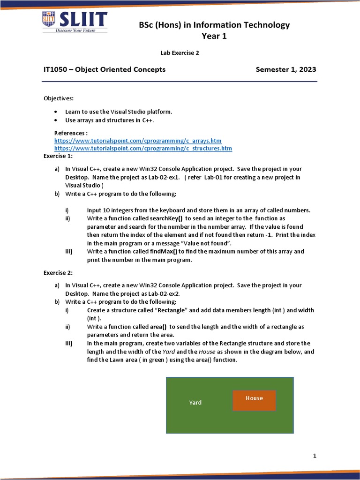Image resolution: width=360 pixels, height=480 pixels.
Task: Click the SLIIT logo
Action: pyautogui.click(x=75, y=22)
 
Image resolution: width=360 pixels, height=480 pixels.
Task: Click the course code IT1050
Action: pyautogui.click(x=56, y=69)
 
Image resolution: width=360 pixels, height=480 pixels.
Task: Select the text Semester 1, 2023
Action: pyautogui.click(x=285, y=69)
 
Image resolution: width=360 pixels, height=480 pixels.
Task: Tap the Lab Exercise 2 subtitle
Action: pyautogui.click(x=180, y=53)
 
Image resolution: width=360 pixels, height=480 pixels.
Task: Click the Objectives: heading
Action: pyautogui.click(x=59, y=98)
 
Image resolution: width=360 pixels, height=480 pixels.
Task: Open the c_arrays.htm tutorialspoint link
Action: pyautogui.click(x=138, y=141)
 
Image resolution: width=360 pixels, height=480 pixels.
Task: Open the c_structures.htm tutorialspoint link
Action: pyautogui.click(x=143, y=149)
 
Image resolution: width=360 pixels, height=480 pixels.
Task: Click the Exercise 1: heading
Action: pyautogui.click(x=58, y=156)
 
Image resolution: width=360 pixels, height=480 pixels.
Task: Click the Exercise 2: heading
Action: pyautogui.click(x=58, y=272)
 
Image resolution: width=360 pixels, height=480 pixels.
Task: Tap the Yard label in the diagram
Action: pyautogui.click(x=195, y=403)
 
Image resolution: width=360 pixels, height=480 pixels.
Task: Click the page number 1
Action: pyautogui.click(x=315, y=456)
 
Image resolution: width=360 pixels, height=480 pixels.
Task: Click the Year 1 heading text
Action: pyautogui.click(x=214, y=36)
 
